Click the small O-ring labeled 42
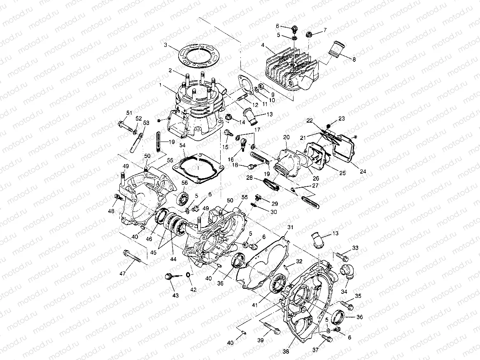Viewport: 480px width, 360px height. tap(189, 275)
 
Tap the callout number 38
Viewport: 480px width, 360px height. tap(285, 352)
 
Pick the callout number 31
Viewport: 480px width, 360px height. tap(290, 228)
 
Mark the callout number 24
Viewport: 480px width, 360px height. tap(362, 171)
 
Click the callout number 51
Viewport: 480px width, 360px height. tap(129, 113)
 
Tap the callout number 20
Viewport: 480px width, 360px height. tap(286, 137)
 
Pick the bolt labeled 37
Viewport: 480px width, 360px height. tap(328, 338)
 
